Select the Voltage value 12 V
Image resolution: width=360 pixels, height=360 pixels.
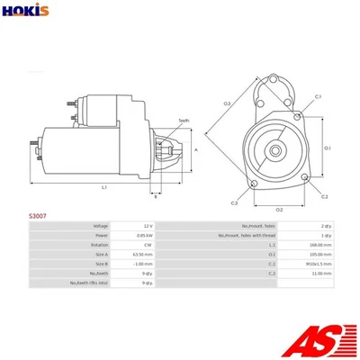pos(147,226)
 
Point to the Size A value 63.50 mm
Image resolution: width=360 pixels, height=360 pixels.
pos(143,255)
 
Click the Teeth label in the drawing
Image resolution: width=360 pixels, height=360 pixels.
pos(184,120)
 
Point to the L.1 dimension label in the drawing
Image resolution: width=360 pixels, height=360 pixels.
pos(104,186)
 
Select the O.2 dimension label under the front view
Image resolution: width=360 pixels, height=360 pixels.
pos(279,210)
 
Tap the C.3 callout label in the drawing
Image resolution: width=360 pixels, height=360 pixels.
pos(233,203)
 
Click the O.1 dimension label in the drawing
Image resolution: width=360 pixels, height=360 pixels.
pos(328,148)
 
